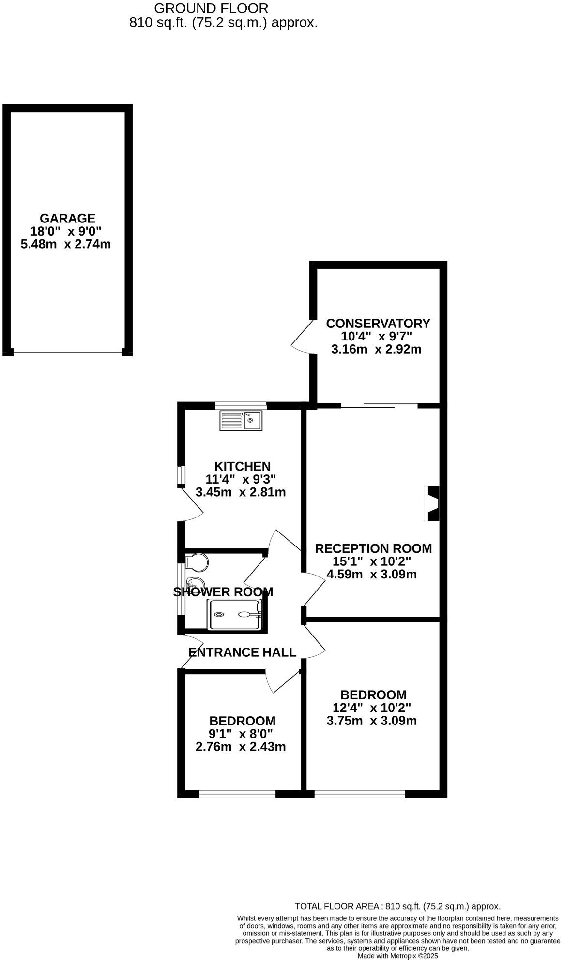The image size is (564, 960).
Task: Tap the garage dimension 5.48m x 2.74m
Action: click(x=66, y=244)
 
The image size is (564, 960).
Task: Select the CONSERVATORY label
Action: click(x=378, y=323)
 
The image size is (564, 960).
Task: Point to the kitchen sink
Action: click(x=241, y=420)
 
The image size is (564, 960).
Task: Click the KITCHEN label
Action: click(x=242, y=466)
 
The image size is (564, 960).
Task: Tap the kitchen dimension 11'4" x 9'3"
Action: click(x=241, y=479)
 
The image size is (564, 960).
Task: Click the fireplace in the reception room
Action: click(x=431, y=503)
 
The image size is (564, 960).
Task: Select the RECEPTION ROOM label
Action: click(x=373, y=548)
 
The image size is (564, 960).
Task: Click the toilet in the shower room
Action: click(x=198, y=562)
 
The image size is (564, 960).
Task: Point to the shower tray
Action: click(x=235, y=614)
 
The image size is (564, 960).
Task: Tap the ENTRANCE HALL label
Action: click(x=242, y=652)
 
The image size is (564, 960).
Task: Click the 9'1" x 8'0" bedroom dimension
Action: click(x=241, y=734)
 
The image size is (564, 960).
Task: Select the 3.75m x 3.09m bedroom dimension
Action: click(x=372, y=721)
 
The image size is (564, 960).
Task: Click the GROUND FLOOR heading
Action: click(x=211, y=8)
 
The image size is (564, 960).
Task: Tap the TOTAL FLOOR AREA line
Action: click(x=397, y=907)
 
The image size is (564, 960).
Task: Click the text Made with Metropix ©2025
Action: click(x=397, y=956)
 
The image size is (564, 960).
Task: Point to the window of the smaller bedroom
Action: click(x=237, y=794)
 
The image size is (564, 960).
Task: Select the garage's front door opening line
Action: click(x=67, y=352)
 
